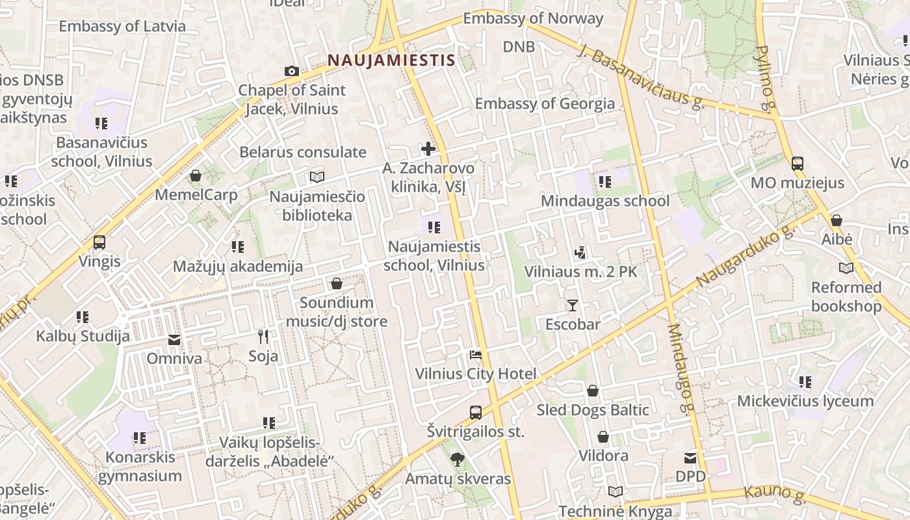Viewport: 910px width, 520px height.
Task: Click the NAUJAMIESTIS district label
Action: [x=391, y=60]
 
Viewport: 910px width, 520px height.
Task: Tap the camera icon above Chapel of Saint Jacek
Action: [x=292, y=71]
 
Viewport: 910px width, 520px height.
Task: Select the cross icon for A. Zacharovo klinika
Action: [x=428, y=149]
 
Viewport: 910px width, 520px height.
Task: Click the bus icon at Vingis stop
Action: [x=99, y=242]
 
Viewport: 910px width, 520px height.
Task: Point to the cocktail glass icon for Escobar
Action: [x=573, y=305]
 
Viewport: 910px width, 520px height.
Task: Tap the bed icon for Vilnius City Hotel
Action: [x=476, y=355]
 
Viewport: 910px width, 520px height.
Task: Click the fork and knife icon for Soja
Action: [x=263, y=337]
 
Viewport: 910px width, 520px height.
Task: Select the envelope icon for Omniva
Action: [x=174, y=339]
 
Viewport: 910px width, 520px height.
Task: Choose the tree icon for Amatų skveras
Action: [x=458, y=460]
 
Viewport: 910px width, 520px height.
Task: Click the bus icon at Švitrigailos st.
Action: [x=476, y=412]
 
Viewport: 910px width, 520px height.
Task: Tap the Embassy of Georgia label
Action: [x=545, y=103]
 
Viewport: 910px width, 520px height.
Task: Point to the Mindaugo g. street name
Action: [x=680, y=369]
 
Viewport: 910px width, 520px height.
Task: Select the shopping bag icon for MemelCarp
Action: [x=196, y=175]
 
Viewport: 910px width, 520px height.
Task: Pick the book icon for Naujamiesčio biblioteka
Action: [x=317, y=177]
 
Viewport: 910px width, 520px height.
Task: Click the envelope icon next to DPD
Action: [x=690, y=458]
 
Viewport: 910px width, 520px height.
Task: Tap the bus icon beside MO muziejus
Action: [x=798, y=164]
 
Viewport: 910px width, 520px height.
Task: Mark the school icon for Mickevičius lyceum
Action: [x=805, y=382]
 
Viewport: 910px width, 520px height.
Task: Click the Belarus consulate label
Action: [x=303, y=152]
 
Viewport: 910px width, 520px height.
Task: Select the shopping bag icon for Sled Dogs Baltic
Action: [x=593, y=391]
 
